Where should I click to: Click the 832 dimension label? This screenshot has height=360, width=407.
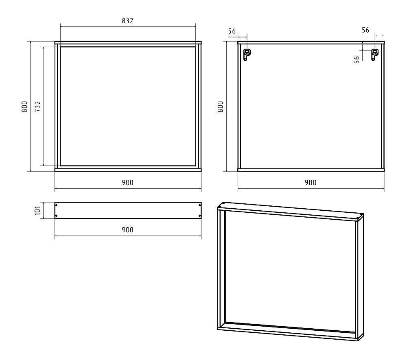[127, 21]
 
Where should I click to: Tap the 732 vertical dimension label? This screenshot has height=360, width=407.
[38, 106]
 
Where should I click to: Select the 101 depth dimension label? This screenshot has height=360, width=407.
[37, 210]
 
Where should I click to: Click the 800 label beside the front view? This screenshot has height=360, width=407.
[24, 106]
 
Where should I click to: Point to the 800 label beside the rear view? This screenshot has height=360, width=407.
[220, 106]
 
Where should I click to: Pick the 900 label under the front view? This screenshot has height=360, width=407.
[127, 183]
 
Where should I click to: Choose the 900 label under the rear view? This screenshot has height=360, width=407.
[311, 183]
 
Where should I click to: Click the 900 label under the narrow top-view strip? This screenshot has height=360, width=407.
[127, 230]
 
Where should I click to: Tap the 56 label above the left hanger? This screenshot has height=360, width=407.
[232, 31]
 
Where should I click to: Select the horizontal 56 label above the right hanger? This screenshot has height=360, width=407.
[365, 30]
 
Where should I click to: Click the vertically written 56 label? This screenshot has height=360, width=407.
[357, 60]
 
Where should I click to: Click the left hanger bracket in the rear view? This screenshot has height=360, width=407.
[247, 55]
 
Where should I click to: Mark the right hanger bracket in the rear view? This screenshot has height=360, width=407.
[374, 55]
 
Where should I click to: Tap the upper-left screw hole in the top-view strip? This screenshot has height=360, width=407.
[56, 205]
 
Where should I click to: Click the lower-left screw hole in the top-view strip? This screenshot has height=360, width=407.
[56, 216]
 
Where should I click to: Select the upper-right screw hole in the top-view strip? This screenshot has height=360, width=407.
[199, 205]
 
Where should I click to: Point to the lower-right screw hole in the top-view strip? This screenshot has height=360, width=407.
[199, 216]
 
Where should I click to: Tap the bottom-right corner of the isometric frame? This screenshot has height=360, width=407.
[358, 341]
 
